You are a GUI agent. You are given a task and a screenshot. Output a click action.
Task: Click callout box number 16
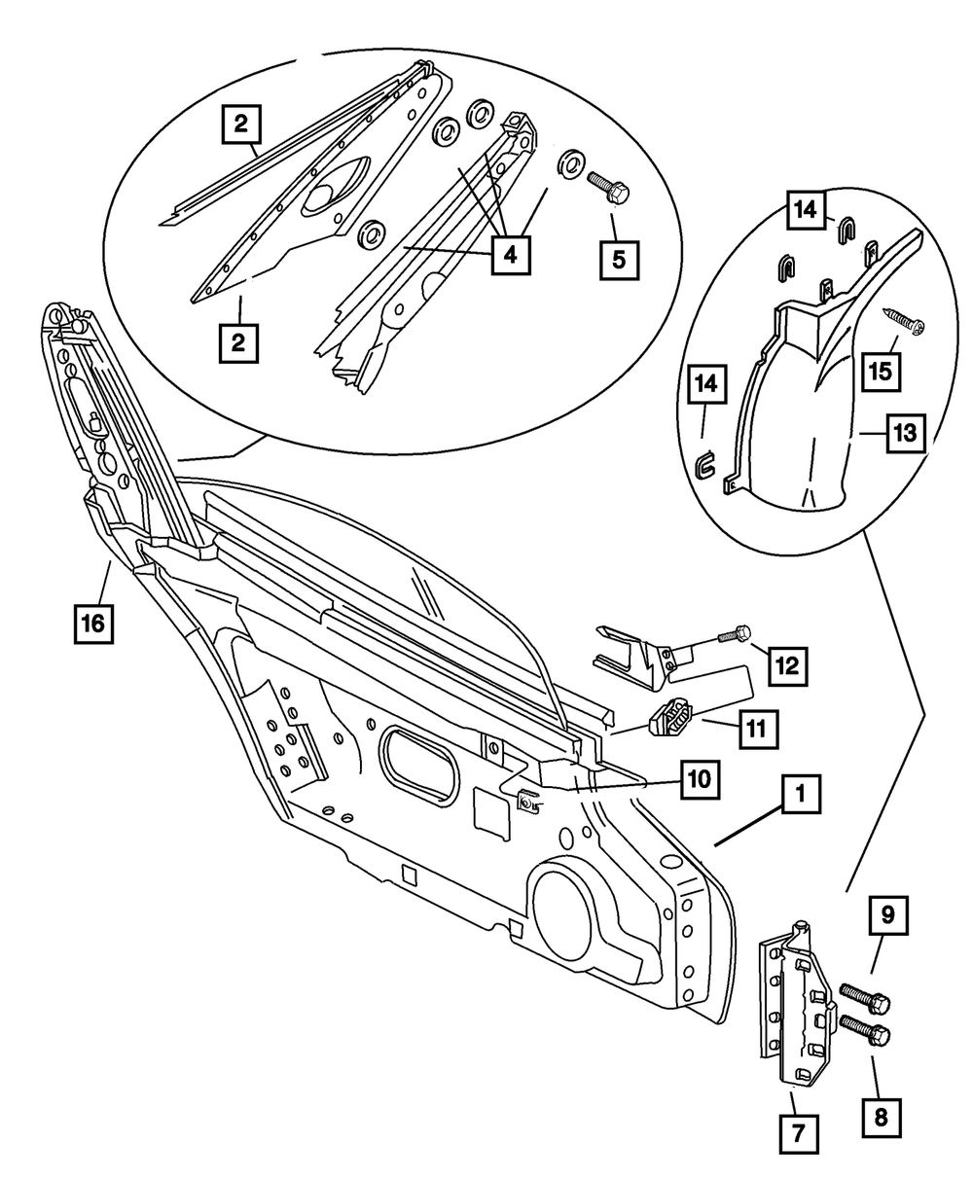(93, 624)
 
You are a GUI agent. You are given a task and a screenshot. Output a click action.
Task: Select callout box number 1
(801, 794)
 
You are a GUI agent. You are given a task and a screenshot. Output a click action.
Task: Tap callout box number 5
(619, 261)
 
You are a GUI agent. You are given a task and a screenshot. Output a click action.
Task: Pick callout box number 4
(511, 255)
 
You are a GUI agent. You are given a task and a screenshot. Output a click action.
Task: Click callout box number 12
(788, 666)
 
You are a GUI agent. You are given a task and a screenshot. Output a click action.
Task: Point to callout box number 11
(758, 729)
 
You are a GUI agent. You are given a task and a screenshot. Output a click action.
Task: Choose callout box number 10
(700, 780)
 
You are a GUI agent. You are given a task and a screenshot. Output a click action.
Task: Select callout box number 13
(905, 433)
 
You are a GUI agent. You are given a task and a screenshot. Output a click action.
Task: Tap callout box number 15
(881, 372)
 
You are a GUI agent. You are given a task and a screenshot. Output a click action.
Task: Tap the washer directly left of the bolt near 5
(571, 163)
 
